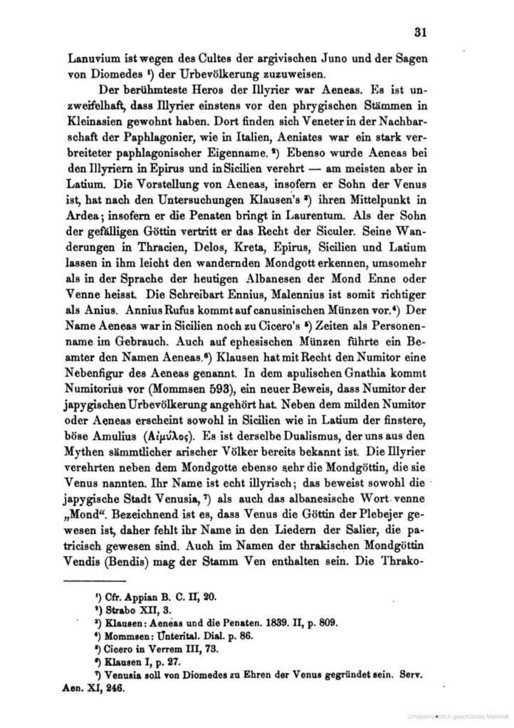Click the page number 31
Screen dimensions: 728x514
(x=419, y=31)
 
